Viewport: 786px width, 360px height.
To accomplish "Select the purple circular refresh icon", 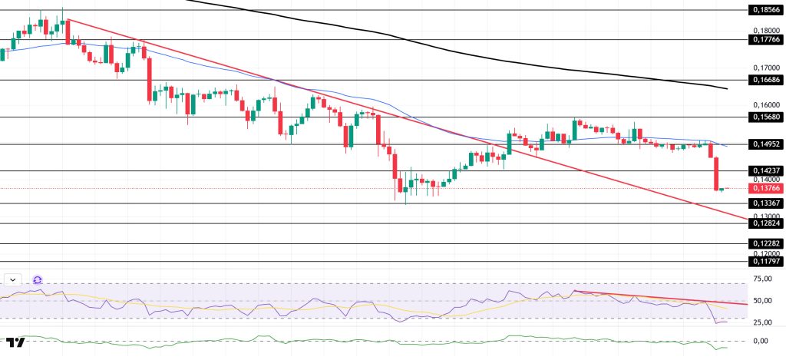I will [37, 280].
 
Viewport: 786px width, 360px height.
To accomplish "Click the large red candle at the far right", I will [717, 173].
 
